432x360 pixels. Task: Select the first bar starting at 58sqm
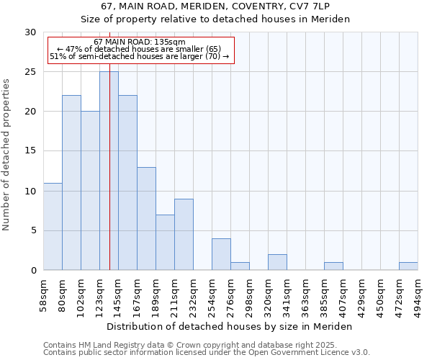53,227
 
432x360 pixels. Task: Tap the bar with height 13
146,219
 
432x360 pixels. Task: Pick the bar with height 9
184,235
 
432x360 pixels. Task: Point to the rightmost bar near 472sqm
408,266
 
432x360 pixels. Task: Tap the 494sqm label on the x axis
418,296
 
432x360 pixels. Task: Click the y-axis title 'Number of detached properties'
6,155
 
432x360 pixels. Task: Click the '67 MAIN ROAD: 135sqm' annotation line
140,42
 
